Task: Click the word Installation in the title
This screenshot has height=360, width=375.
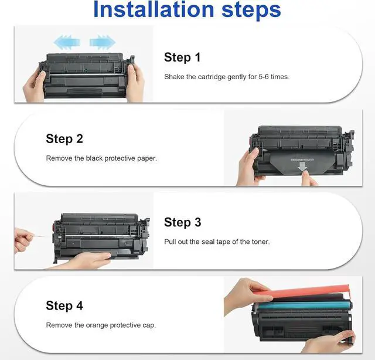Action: tap(154, 9)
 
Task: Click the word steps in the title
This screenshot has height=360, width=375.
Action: tap(251, 11)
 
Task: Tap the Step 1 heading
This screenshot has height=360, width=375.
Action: tap(182, 57)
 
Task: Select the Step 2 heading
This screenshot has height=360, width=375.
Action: tap(64, 139)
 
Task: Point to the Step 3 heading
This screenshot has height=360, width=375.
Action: tap(182, 222)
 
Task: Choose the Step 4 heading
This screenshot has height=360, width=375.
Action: tap(64, 305)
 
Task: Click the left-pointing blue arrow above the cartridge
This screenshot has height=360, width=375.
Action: tap(66, 42)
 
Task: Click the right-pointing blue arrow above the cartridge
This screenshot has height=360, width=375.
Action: tap(103, 42)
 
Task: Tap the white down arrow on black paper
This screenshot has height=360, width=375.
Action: tap(302, 167)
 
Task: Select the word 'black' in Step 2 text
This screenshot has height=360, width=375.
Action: tap(94, 158)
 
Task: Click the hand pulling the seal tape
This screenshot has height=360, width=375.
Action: tap(23, 240)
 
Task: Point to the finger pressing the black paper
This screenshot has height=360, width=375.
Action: tap(309, 178)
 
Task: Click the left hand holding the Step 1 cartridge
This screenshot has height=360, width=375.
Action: tap(34, 86)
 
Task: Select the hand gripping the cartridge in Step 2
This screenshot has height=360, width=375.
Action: tap(248, 167)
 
